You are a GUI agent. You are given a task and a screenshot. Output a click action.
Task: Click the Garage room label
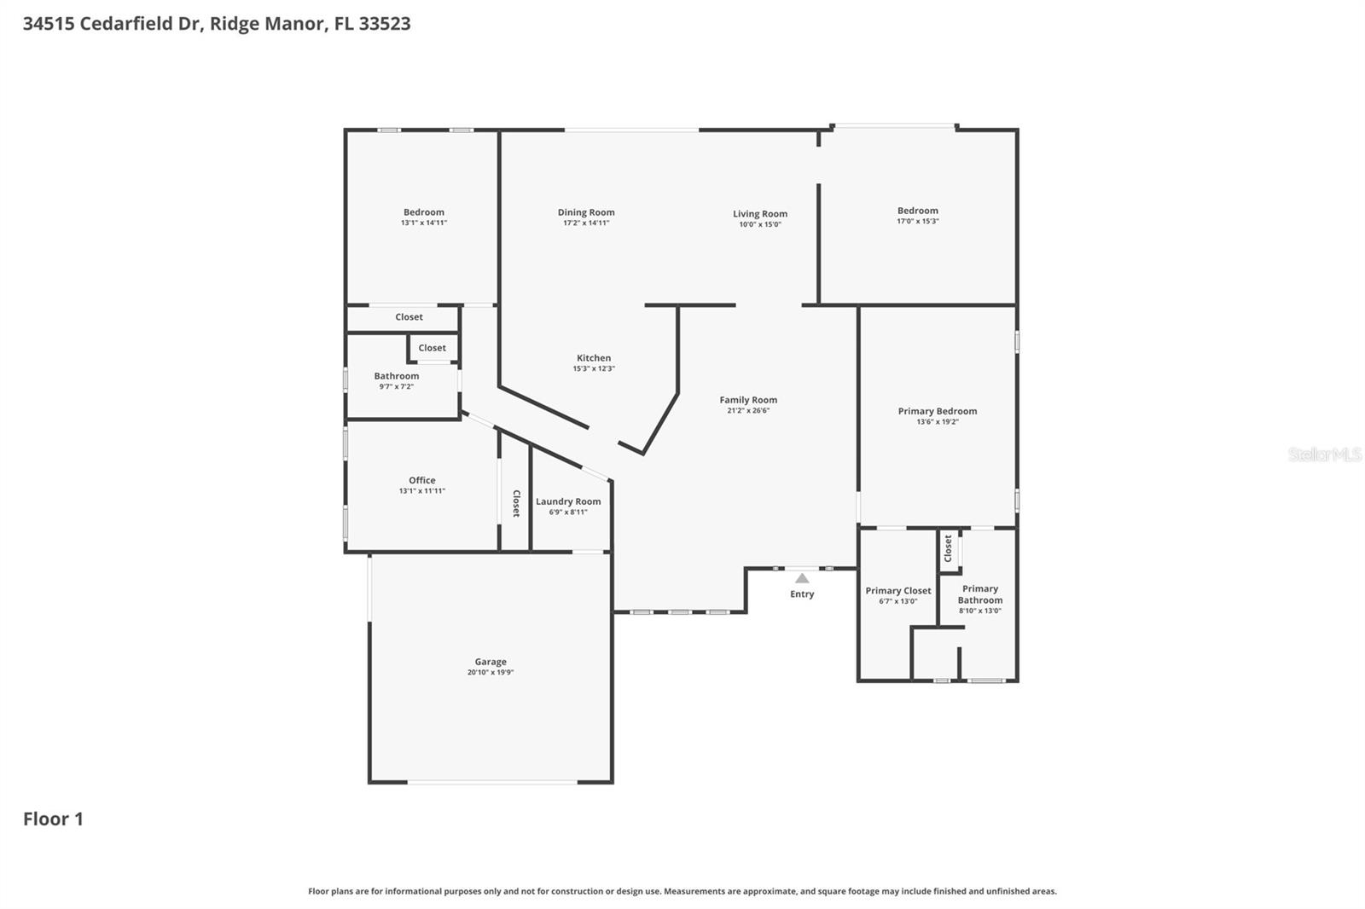click(491, 662)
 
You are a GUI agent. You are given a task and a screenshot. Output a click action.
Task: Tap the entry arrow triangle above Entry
click(802, 578)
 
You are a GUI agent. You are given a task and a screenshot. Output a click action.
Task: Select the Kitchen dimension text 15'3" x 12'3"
click(594, 369)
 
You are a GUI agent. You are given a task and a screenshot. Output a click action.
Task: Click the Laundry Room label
click(568, 501)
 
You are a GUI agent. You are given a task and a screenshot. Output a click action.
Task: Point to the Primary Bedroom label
click(938, 411)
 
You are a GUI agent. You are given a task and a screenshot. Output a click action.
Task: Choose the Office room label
click(421, 480)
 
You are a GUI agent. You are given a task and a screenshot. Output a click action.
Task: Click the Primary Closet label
click(897, 590)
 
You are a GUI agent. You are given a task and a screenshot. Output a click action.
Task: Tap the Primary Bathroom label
click(979, 594)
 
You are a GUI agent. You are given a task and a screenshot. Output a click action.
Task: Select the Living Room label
click(759, 214)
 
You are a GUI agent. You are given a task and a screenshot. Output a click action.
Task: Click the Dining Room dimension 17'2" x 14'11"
click(586, 223)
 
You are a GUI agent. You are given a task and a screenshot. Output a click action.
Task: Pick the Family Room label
click(748, 400)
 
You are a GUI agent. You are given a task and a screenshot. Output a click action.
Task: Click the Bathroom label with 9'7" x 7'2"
click(396, 376)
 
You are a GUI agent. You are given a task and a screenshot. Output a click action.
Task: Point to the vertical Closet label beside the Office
click(515, 503)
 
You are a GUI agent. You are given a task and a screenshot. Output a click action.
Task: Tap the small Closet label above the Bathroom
click(432, 348)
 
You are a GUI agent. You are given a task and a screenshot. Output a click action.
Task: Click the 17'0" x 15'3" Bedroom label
click(917, 211)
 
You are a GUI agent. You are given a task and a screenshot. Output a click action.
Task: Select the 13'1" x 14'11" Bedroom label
click(424, 212)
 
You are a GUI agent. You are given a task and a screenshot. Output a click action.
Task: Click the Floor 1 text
click(53, 819)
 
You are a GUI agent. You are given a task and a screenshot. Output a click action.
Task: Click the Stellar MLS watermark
click(1324, 454)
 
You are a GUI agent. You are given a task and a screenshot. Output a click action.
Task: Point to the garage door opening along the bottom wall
click(492, 782)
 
